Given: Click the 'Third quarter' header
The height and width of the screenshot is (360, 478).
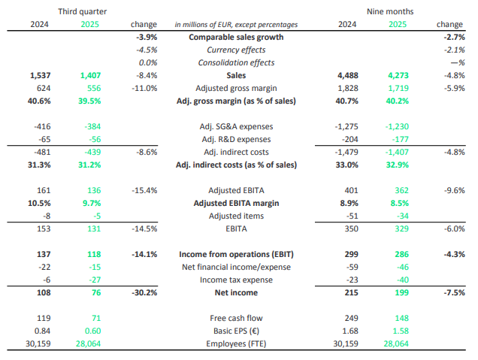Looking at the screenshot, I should (82, 12).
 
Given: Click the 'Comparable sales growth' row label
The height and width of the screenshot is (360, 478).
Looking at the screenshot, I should (236, 37).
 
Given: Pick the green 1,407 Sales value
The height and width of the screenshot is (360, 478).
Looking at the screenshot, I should (89, 75).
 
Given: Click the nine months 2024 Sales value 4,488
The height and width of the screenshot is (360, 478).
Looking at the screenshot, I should (347, 75).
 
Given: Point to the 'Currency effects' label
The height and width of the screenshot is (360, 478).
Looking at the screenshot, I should (236, 50).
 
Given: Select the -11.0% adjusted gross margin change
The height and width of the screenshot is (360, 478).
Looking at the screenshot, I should (143, 88).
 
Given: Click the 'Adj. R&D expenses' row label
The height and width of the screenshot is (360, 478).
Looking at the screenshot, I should (236, 139).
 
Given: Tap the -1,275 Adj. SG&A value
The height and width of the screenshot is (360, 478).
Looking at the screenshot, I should (346, 126).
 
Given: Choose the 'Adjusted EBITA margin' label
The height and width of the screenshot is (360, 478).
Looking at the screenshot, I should (236, 203).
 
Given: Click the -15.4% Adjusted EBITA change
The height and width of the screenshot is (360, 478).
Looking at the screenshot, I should (143, 190).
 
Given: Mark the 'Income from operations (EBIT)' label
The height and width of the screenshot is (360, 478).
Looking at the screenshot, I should (236, 254).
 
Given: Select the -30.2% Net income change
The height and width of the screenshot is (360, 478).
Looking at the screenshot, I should (143, 292).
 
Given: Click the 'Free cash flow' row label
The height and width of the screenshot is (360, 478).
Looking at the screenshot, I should (236, 318).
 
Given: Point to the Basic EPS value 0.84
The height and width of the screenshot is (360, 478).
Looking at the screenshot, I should (43, 331).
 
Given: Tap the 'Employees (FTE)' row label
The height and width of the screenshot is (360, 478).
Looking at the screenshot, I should (236, 343).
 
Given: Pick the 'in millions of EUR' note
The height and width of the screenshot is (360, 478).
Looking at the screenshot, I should (236, 25).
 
